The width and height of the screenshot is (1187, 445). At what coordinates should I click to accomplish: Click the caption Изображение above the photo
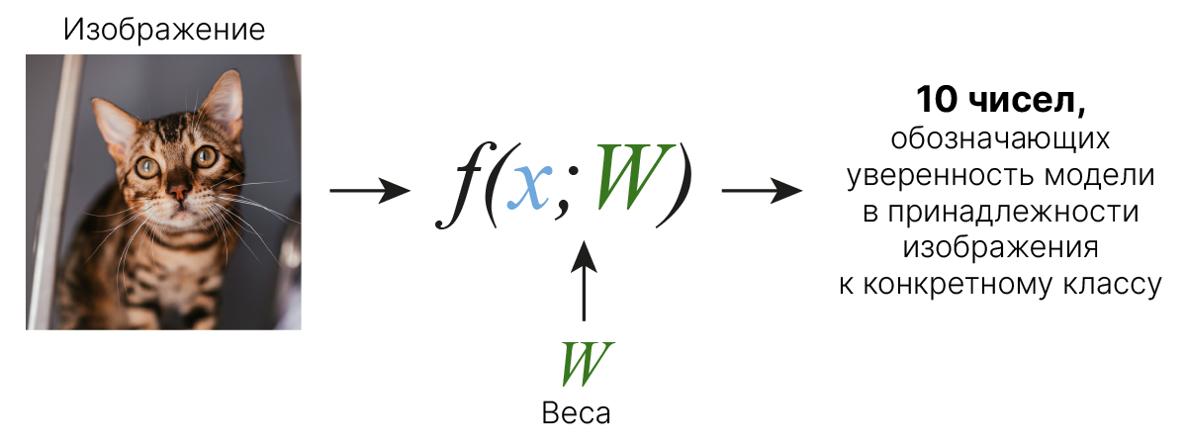point(164,30)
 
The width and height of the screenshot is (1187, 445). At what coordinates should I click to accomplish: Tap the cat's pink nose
point(179,190)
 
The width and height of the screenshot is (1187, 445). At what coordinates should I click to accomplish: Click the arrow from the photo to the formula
point(370,191)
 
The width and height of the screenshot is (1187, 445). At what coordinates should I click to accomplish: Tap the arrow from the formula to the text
point(762,191)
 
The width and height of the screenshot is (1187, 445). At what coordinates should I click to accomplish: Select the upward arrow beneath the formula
point(584,281)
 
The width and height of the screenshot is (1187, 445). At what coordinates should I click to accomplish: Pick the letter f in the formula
point(459,186)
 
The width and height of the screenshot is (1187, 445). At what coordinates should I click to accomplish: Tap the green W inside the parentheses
point(635,177)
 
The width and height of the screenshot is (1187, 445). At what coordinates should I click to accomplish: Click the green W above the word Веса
point(587,364)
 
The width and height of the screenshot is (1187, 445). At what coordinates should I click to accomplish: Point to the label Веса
point(576,413)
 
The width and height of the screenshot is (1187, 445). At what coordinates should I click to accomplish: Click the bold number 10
point(937,100)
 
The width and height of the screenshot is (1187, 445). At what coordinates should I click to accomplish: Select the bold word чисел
point(1027,101)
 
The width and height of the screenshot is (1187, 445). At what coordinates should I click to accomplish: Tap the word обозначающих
point(1000,139)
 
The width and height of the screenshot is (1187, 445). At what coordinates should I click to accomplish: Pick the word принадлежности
point(1013,212)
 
